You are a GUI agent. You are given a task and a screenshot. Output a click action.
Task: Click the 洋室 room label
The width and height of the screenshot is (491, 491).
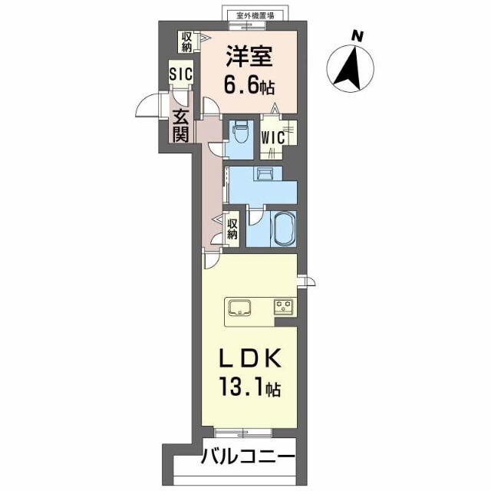pos(249,56)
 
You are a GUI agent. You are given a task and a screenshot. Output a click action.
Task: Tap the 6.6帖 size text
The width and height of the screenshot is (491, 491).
pos(249,85)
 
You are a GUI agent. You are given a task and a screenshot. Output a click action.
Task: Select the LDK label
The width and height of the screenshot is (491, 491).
pos(249,360)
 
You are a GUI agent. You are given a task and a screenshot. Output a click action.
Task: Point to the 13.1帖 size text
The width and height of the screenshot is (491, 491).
pos(249,387)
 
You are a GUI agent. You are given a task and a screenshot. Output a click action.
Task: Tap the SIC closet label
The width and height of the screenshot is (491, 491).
pos(181,74)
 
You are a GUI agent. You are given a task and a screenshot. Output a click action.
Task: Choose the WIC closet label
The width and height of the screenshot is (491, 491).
pos(273,137)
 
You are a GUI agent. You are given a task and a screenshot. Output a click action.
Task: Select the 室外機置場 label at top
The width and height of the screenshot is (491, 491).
pos(255,15)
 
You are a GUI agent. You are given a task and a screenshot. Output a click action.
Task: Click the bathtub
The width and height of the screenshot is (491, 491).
pos(285,229)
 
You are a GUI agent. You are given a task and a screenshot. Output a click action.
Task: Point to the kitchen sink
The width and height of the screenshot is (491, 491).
pos(239,307)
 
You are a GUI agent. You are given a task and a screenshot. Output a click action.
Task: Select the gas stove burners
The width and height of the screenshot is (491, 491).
pos(284,305)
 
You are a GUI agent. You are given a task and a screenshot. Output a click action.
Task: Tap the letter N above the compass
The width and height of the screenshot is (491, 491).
pos(357,36)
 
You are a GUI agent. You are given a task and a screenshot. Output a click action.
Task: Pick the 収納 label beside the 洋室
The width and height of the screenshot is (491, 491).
pos(187,43)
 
